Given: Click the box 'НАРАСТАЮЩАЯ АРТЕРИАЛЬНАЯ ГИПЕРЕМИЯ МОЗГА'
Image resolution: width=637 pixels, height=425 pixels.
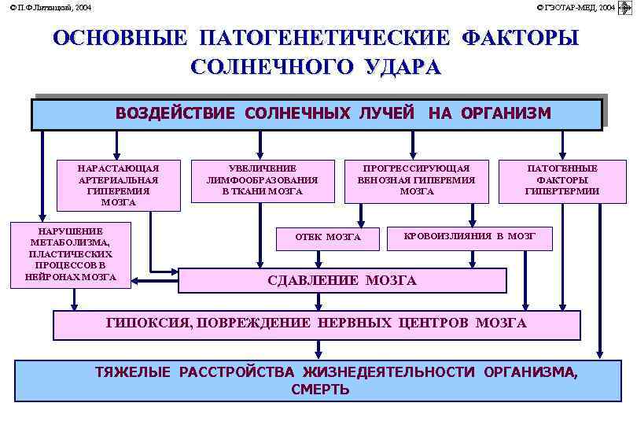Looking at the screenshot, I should [118, 185].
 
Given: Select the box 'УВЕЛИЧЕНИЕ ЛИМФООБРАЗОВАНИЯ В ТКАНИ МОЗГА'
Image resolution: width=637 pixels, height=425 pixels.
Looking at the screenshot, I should [262, 179].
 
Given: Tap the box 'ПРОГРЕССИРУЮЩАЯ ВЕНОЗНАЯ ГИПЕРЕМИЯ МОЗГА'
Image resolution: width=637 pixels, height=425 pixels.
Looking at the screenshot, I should [416, 179].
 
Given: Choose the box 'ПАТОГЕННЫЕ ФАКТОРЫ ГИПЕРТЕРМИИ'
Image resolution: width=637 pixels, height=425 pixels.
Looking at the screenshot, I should [562, 179].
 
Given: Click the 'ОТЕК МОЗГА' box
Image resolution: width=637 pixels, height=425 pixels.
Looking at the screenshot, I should [327, 237].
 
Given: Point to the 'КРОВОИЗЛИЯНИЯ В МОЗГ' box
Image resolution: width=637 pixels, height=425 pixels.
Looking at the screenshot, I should [469, 236].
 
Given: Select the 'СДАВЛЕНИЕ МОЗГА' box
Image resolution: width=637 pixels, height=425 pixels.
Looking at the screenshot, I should [342, 280].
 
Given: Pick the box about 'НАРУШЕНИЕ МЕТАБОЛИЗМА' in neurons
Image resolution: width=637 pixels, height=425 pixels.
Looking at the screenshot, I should [70, 254].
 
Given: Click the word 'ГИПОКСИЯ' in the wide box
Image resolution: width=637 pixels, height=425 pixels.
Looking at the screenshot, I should [142, 323].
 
